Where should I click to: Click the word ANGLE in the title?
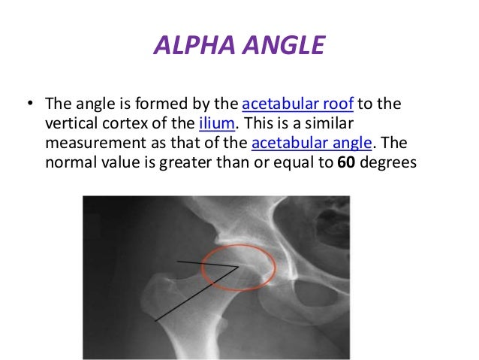(x=282, y=47)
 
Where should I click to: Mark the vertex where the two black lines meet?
(x=238, y=265)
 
